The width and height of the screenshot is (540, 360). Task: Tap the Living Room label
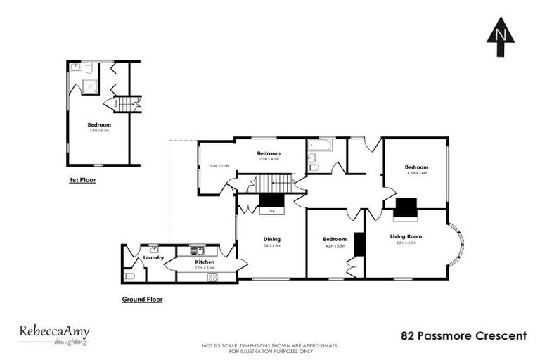pos(406,238)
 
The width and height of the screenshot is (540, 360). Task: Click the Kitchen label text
pos(205,262)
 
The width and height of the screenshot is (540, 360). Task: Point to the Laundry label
pos(153,257)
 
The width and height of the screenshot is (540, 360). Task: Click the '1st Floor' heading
pos(82,181)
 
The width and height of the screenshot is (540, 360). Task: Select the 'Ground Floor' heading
pos(142,299)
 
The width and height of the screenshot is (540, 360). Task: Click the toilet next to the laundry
pos(129,276)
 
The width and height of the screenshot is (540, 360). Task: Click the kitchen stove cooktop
pos(212,276)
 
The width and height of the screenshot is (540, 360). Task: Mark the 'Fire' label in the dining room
pos(271,211)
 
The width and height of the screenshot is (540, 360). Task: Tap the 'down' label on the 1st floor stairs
pos(107,104)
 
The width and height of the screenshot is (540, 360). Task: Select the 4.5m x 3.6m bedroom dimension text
pos(417,172)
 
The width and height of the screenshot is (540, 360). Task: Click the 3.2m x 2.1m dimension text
pos(220,166)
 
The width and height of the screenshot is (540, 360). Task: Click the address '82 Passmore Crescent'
pos(463,335)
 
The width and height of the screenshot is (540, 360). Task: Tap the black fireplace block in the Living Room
pos(406,209)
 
